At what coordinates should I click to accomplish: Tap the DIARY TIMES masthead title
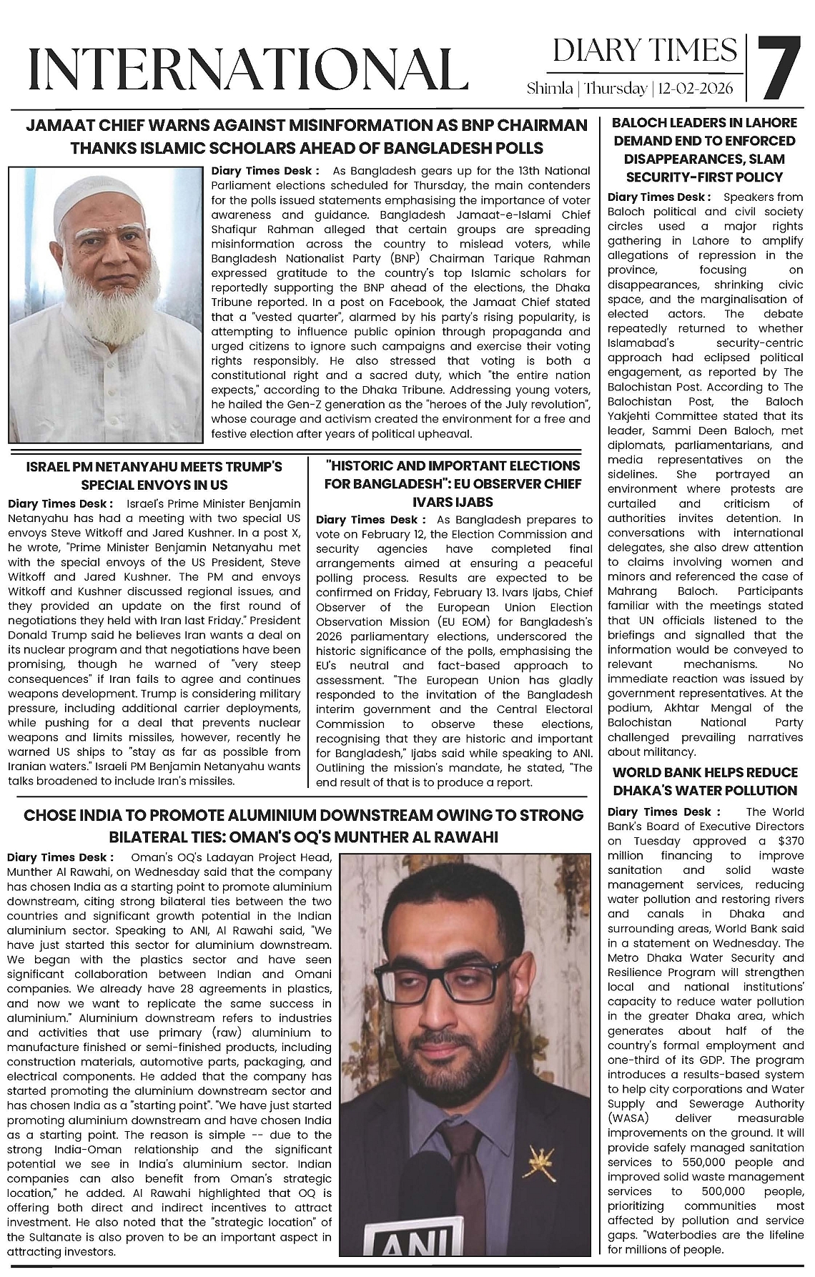[x=645, y=51]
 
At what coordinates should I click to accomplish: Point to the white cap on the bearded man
[x=104, y=193]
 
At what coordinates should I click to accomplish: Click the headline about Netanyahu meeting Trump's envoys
[x=154, y=475]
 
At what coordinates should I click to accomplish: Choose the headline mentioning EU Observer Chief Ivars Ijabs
[x=452, y=484]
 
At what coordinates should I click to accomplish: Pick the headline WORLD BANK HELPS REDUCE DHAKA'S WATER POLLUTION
[x=705, y=782]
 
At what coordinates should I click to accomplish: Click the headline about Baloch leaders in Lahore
[x=705, y=150]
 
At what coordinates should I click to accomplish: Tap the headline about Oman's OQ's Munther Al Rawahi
[x=304, y=826]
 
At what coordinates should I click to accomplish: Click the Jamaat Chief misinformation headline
[x=307, y=137]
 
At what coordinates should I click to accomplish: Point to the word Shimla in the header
[x=549, y=89]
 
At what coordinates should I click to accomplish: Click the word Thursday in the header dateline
[x=616, y=89]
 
